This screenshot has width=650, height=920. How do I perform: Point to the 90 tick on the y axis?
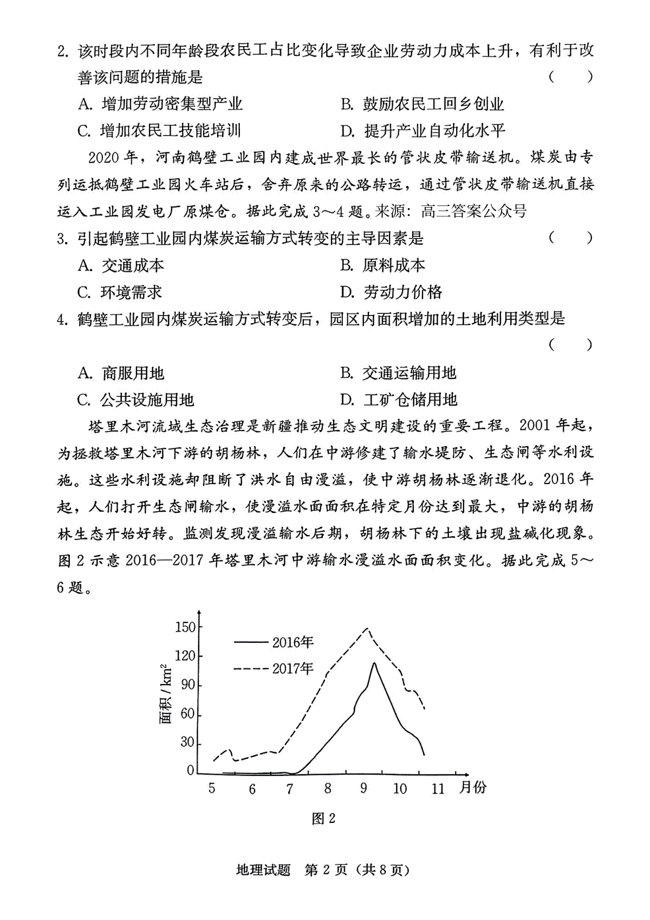[187, 685]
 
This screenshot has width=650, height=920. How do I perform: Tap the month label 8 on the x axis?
[328, 789]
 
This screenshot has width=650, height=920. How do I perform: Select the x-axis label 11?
[438, 789]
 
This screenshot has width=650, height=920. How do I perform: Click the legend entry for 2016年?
[274, 642]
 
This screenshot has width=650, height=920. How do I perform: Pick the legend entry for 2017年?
[274, 668]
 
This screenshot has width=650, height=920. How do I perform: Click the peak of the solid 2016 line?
[374, 662]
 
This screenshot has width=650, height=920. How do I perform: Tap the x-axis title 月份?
[473, 787]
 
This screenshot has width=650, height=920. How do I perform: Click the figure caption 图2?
[324, 818]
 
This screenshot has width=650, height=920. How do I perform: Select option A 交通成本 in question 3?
[121, 266]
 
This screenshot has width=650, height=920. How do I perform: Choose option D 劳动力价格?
[391, 292]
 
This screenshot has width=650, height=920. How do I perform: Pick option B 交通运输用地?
[399, 373]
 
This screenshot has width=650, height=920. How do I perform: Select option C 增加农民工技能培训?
[159, 131]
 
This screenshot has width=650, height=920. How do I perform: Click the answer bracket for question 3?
[570, 238]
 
